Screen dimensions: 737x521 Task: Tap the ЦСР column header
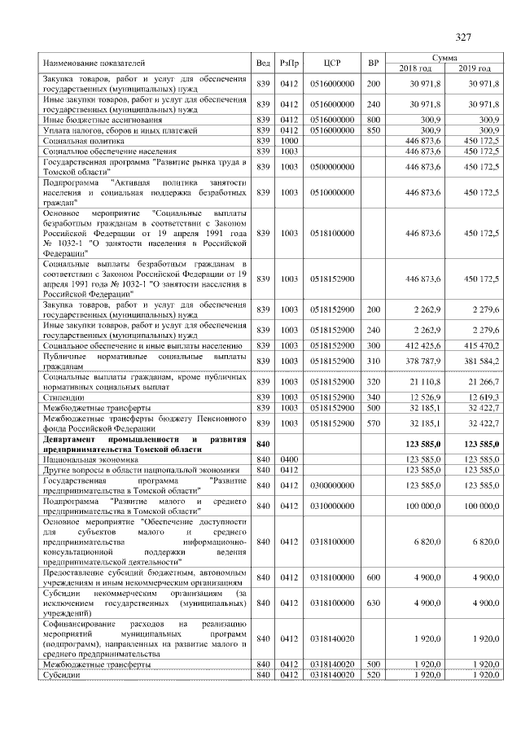331,63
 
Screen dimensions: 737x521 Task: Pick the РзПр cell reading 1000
289,140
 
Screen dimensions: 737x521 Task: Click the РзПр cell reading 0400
289,459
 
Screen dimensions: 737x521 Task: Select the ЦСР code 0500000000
331,166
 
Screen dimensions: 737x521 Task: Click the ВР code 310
373,361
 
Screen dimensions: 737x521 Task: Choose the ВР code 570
373,423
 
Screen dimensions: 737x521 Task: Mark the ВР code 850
373,129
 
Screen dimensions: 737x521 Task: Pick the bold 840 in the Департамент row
262,444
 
